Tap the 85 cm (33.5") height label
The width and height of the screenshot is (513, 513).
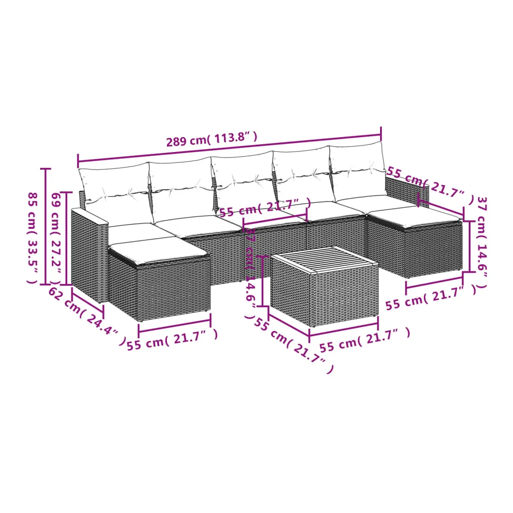(x=32, y=238)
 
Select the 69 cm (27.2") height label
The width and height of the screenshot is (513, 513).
(x=56, y=238)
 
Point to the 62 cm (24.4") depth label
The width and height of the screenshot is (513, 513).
(x=87, y=316)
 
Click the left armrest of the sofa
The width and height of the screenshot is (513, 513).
(x=89, y=255)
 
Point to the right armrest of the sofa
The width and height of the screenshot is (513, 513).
(x=407, y=190)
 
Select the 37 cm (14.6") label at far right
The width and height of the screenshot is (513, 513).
(x=482, y=243)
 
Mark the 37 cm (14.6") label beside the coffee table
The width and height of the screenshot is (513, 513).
(x=251, y=273)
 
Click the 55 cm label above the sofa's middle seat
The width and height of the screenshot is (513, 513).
(x=265, y=207)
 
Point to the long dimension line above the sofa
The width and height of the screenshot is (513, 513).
(x=229, y=147)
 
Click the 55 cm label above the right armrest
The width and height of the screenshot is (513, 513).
(x=430, y=185)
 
